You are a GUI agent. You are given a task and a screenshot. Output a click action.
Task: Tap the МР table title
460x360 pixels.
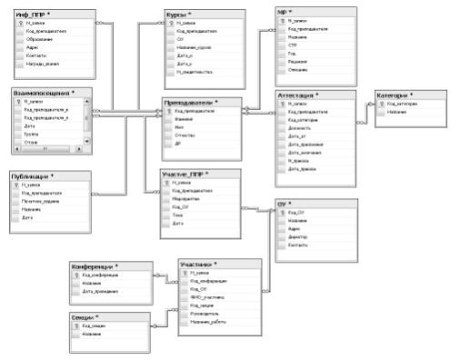[x=288, y=11]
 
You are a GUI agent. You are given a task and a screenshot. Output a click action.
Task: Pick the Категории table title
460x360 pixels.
[x=398, y=95]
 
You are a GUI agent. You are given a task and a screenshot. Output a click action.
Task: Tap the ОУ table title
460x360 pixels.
[x=285, y=203]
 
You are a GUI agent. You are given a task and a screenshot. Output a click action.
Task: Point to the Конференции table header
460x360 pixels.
[x=98, y=265]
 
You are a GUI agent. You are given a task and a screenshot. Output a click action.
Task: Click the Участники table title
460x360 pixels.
[x=199, y=264]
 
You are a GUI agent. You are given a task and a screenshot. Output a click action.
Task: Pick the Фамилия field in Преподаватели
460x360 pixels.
[x=185, y=119]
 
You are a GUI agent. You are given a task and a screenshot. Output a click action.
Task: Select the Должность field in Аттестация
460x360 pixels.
[x=300, y=127]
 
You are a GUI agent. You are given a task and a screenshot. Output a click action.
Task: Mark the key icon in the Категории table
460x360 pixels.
[x=382, y=104]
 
